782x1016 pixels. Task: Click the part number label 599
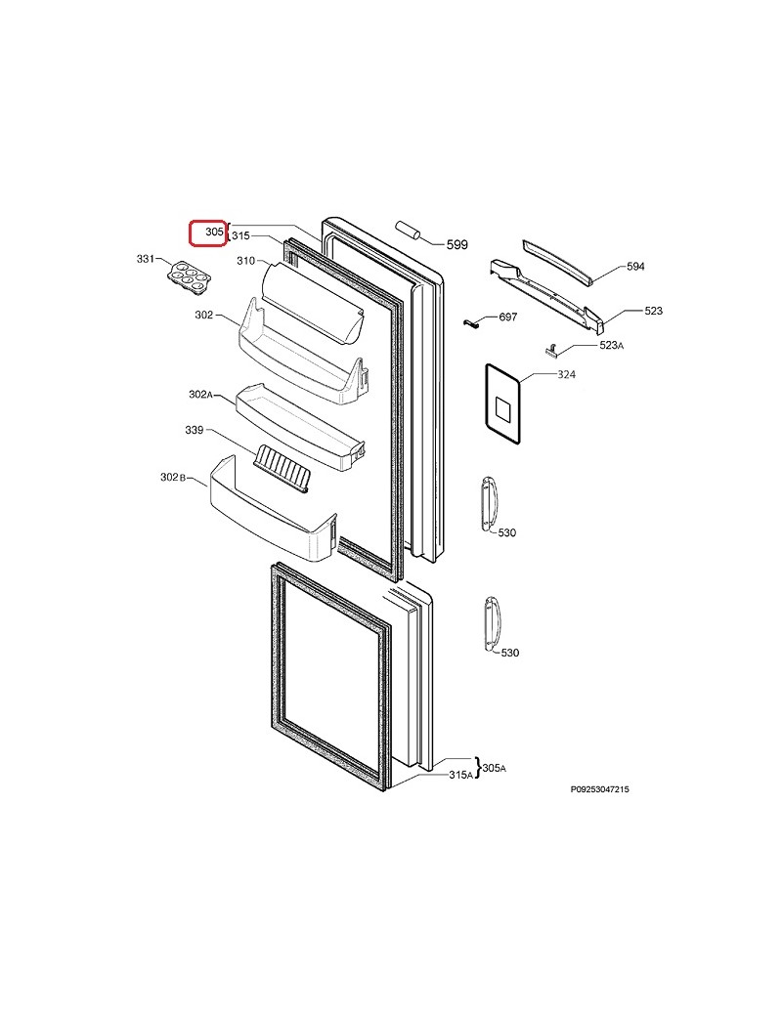(x=456, y=245)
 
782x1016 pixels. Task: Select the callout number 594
(x=635, y=267)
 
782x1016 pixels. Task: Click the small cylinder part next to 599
(x=408, y=231)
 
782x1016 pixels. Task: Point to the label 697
(x=508, y=317)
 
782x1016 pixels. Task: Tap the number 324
(x=567, y=375)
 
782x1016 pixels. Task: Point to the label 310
(x=245, y=261)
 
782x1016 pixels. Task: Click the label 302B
(x=172, y=477)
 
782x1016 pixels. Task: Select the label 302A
(x=200, y=394)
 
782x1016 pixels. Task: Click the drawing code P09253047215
(x=600, y=788)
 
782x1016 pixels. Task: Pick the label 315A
(x=460, y=775)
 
